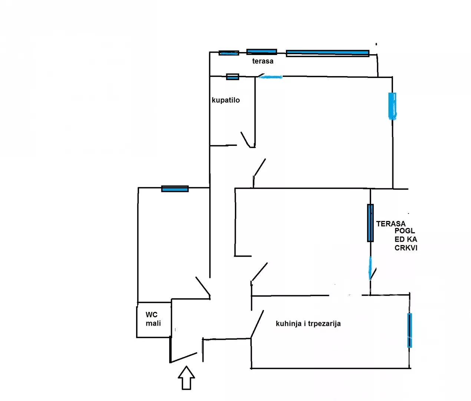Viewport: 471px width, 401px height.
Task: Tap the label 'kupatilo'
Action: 225,100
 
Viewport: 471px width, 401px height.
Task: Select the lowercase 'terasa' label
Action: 263,61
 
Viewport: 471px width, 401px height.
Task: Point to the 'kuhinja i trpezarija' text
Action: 308,324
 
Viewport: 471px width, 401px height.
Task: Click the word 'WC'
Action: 152,315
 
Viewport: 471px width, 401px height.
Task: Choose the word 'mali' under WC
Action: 153,323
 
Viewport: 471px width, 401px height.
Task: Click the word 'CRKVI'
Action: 406,248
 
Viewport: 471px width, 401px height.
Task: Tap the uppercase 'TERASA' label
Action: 391,224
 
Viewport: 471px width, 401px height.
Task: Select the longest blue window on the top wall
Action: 327,53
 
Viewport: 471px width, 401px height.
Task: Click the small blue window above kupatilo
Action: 233,77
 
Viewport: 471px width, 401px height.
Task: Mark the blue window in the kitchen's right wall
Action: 409,330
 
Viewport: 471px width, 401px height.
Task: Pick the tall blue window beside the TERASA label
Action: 370,223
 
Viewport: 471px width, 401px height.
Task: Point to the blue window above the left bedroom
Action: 175,189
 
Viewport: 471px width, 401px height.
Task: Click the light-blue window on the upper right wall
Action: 392,106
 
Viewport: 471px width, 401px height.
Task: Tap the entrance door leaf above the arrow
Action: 184,357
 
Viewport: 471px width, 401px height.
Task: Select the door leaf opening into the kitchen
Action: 257,324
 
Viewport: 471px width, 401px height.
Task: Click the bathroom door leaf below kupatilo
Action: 246,140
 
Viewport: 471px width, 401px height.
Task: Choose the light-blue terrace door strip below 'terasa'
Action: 270,77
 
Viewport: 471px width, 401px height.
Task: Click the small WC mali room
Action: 154,320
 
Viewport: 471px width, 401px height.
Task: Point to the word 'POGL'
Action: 405,231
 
